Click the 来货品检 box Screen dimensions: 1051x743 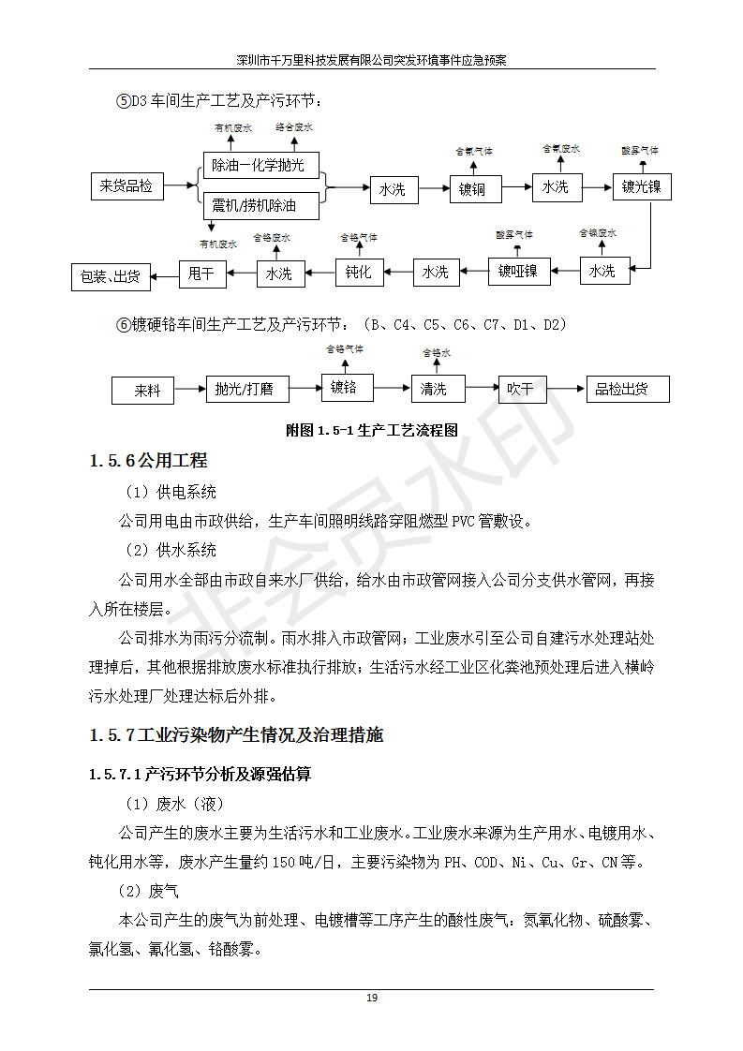126,186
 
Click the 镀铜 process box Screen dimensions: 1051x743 473,189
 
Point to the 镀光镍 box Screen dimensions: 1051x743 642,186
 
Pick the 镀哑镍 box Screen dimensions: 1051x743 518,272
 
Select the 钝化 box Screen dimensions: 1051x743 360,272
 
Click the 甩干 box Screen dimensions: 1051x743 201,273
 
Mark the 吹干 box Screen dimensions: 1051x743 520,388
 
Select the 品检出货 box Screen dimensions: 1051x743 627,389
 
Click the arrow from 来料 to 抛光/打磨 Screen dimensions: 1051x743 190,389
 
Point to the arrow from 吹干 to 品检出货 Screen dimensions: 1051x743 565,388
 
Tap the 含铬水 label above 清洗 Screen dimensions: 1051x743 437,353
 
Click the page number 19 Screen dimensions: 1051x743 372,998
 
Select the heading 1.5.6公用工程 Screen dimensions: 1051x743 148,461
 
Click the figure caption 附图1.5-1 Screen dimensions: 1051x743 372,431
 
